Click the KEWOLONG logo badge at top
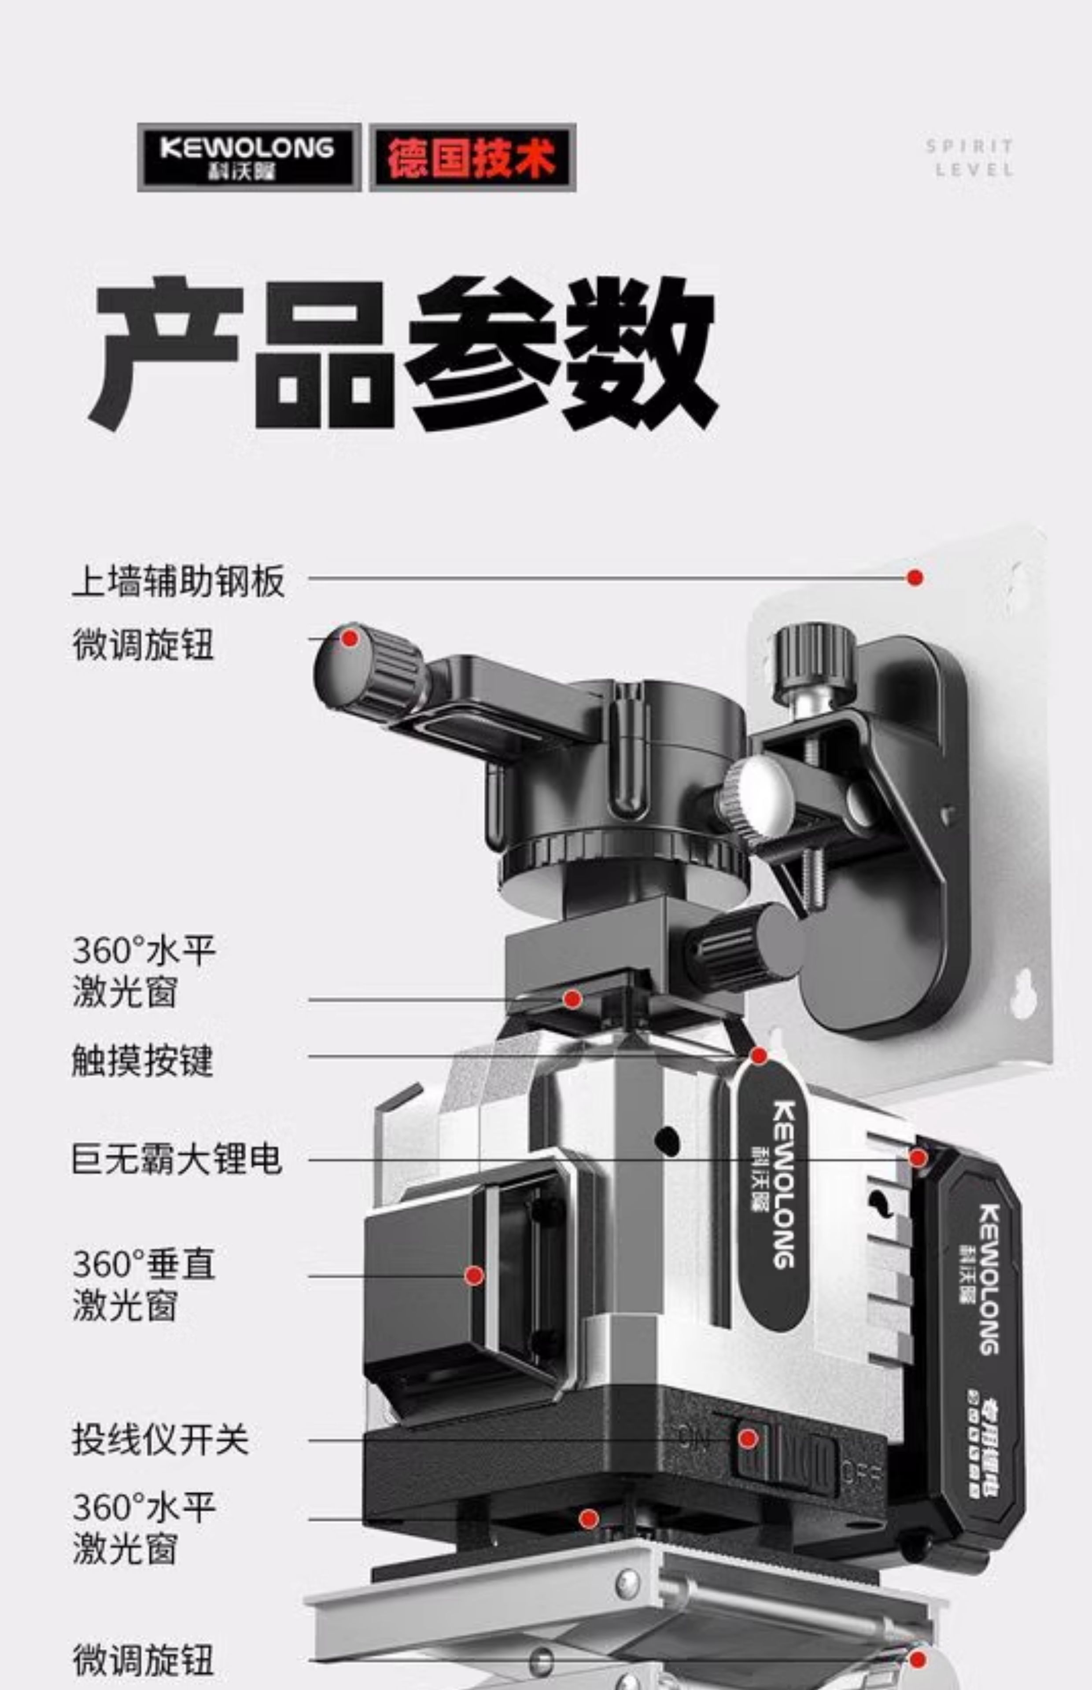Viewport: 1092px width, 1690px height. pyautogui.click(x=248, y=157)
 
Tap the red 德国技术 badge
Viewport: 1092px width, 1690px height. pyautogui.click(x=472, y=157)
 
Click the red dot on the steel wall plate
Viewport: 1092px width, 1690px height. pyautogui.click(x=915, y=577)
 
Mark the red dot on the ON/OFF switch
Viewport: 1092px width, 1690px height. pyautogui.click(x=747, y=1438)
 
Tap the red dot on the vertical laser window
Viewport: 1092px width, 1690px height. pyautogui.click(x=474, y=1275)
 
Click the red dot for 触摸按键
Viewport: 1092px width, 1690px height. pyautogui.click(x=759, y=1056)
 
